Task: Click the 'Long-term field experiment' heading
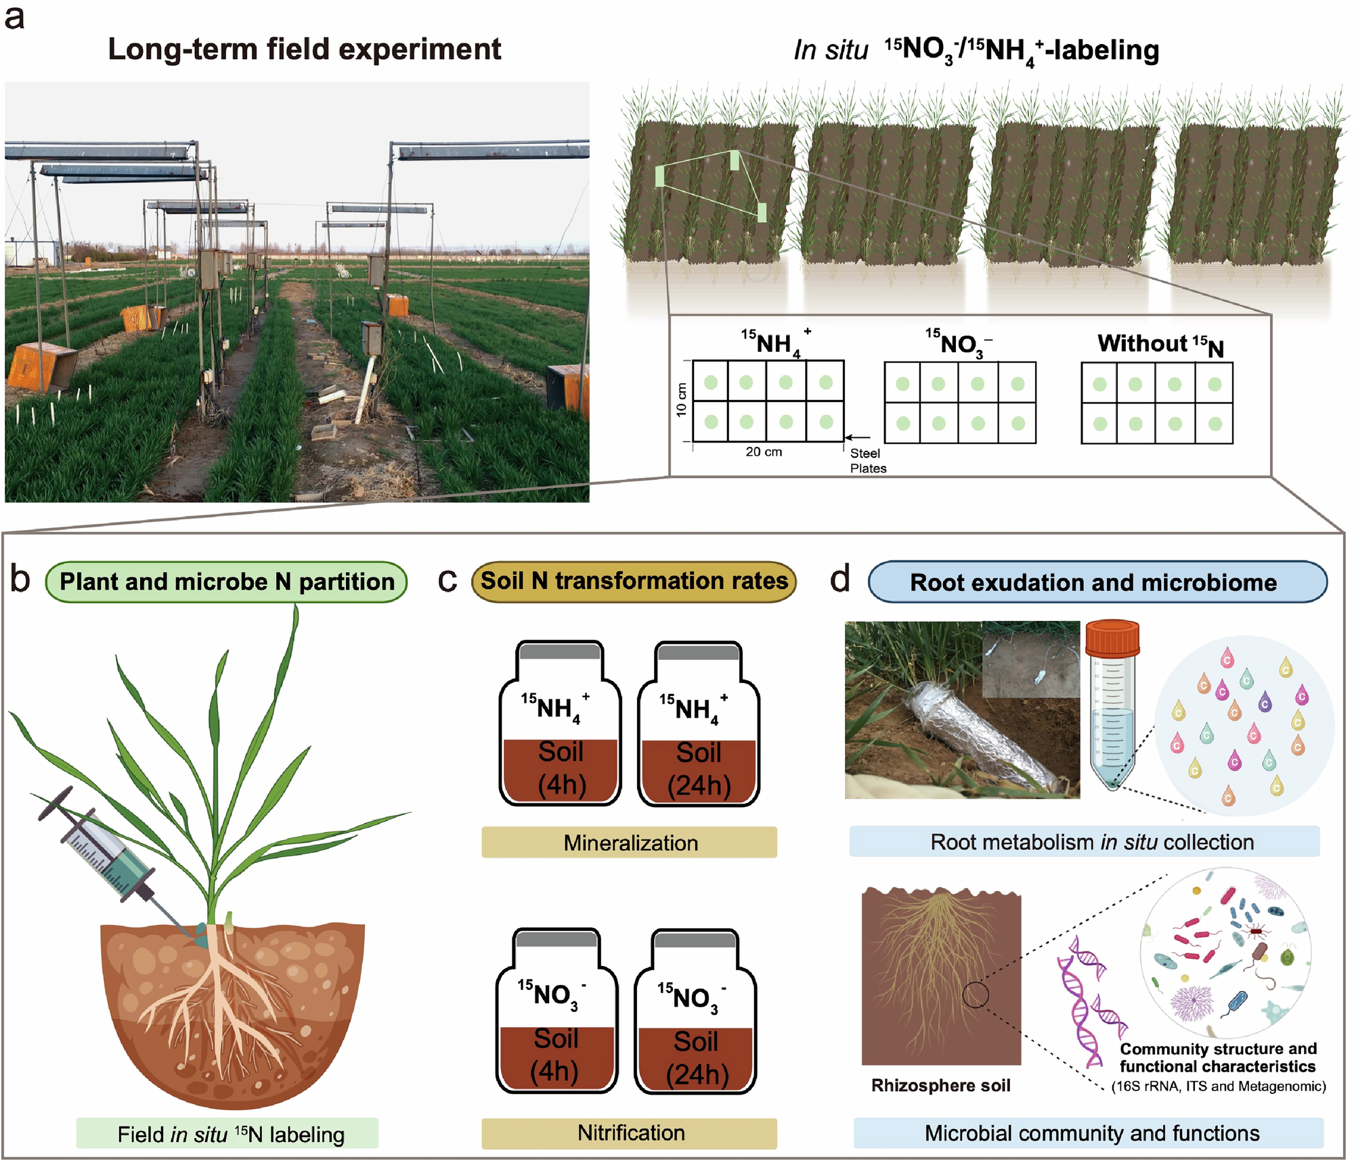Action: coord(304,49)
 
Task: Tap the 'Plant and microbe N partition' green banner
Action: coord(226,582)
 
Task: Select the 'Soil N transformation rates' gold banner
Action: coord(634,581)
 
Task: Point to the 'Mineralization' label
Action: coord(630,843)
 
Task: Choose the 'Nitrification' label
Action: coord(630,1133)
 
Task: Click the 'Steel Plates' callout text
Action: coord(867,461)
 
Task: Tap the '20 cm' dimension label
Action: coord(764,452)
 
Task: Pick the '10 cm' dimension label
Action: coord(681,401)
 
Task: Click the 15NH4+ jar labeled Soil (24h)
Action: coord(699,724)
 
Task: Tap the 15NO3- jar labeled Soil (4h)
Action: coord(556,1012)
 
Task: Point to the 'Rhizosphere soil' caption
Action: coord(940,1086)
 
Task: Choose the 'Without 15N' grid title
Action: coord(1160,345)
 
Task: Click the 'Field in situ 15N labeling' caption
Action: coord(230,1135)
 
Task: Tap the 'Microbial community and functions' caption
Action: coord(1091,1133)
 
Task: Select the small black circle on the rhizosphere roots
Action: coord(976,994)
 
